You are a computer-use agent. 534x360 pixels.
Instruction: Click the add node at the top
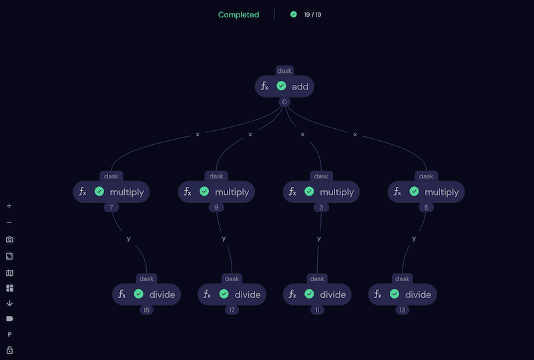[x=284, y=86]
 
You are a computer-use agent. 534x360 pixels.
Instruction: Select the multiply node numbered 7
[x=111, y=192]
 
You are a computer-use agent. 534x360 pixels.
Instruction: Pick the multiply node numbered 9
[x=216, y=192]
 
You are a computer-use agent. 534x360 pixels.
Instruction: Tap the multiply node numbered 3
[x=321, y=192]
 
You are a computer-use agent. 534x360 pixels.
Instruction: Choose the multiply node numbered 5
[x=426, y=192]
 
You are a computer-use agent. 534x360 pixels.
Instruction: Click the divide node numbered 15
[x=147, y=295]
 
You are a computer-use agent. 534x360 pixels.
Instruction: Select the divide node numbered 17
[x=232, y=295]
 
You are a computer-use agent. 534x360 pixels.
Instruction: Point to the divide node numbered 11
[x=317, y=295]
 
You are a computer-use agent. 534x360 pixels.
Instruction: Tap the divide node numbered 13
[x=403, y=295]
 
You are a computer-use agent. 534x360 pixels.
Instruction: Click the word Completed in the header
[x=238, y=15]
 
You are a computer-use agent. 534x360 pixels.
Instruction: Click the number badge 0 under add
[x=284, y=102]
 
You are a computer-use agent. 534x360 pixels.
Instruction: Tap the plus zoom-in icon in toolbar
[x=9, y=206]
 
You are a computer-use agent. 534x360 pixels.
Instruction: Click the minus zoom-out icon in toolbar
[x=9, y=222]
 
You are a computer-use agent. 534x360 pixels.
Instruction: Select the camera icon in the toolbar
[x=9, y=239]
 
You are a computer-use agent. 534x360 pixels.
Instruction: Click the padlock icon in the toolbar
[x=9, y=350]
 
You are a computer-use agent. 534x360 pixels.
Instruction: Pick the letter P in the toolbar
[x=9, y=334]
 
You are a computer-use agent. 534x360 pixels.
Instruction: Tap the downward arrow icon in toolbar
[x=9, y=303]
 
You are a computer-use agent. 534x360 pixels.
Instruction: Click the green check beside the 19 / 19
[x=294, y=15]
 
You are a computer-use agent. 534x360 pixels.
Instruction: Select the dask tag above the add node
[x=284, y=71]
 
